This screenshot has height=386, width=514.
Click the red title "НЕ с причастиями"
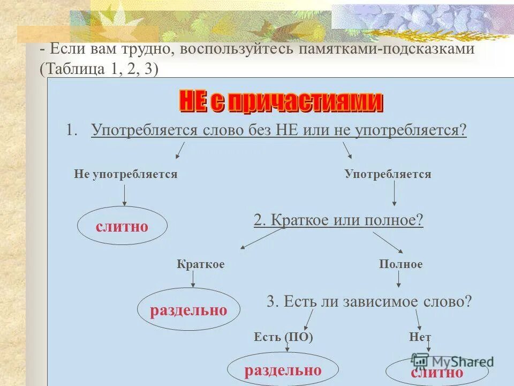(x=281, y=102)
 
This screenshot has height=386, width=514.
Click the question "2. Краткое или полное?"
(x=338, y=220)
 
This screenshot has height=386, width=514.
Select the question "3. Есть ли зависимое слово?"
(x=369, y=301)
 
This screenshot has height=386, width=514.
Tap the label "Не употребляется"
(x=125, y=174)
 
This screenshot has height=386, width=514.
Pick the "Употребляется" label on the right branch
(x=388, y=174)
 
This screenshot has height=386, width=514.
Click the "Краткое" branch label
(x=201, y=264)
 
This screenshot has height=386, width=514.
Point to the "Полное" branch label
(x=401, y=264)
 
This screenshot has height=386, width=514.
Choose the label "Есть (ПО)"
(x=283, y=337)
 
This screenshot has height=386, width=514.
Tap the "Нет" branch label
(x=420, y=337)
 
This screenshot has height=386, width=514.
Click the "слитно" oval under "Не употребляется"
(x=122, y=226)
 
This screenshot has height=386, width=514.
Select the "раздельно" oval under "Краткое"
(x=188, y=310)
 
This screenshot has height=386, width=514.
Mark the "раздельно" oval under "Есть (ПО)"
(x=283, y=370)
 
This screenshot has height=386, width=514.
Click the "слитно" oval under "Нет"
(x=436, y=372)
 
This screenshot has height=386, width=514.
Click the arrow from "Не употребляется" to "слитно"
(x=125, y=195)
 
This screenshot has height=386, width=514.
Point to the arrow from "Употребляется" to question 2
(x=395, y=194)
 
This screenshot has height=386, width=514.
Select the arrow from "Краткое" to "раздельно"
(x=193, y=279)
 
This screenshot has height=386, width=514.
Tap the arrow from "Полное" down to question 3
(x=398, y=279)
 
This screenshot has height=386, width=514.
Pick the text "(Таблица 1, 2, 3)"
(x=99, y=69)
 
